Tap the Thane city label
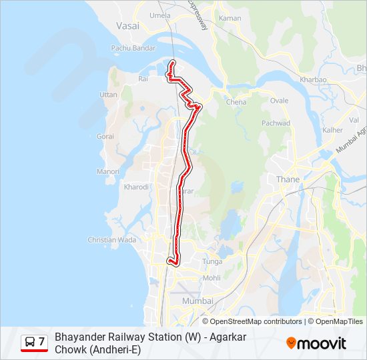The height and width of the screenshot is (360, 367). point(288,179)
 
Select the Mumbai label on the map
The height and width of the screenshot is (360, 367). point(198,301)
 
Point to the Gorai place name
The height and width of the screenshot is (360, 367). point(105,136)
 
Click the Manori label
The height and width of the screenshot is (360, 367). point(108,171)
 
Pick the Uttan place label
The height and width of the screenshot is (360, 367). point(108,95)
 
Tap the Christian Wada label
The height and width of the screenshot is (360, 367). point(112,240)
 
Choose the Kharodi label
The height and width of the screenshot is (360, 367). point(136,187)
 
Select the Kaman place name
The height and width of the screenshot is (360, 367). point(230,18)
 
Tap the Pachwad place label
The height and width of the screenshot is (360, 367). point(276,123)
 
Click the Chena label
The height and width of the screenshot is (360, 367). point(236,102)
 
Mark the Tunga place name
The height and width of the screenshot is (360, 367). point(212,262)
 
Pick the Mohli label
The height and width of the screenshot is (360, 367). point(212,278)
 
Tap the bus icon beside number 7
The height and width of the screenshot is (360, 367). point(30,342)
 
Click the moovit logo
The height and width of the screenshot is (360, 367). point(316,343)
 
